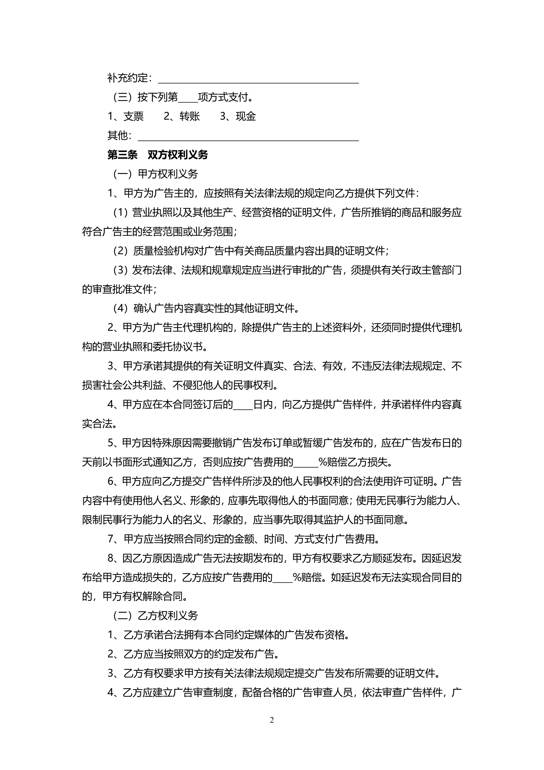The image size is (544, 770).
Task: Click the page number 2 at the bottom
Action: (x=272, y=720)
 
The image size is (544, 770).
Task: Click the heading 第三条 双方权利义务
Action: (x=158, y=155)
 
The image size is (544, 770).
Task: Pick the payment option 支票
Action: (x=133, y=116)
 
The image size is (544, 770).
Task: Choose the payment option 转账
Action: (x=190, y=116)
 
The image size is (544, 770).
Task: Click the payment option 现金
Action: (x=246, y=116)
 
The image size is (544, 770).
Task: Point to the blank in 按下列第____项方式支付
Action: (x=188, y=99)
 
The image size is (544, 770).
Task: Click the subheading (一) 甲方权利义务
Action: (x=155, y=174)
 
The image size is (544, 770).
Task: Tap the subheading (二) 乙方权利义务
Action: (x=155, y=615)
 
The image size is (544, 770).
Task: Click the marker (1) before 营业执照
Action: (x=121, y=212)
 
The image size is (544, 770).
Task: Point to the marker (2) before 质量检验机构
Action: (x=121, y=251)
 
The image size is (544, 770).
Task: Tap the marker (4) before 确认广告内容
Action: (x=121, y=308)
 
